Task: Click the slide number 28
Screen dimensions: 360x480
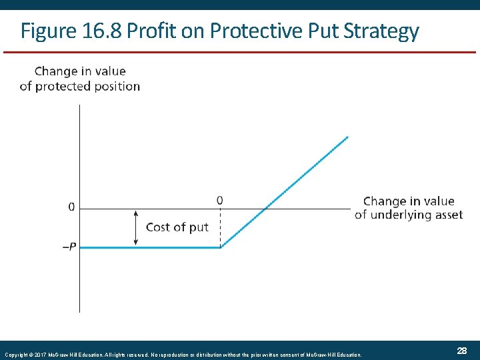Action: (461, 351)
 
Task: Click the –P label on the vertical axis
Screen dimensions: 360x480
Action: (69, 247)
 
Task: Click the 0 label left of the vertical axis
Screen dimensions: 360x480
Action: (71, 207)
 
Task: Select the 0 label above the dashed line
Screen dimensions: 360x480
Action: (220, 200)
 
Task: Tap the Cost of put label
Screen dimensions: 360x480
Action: (177, 227)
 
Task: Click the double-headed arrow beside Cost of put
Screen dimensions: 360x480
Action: (136, 228)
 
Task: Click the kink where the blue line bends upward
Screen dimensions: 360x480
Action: (221, 247)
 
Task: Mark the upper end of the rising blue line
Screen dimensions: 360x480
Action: (347, 137)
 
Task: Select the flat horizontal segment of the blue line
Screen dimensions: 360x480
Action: (150, 247)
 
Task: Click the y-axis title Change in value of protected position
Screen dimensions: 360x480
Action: (80, 79)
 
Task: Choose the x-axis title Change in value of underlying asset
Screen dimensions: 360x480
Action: (409, 207)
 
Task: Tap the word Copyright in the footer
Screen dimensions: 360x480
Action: (15, 355)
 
